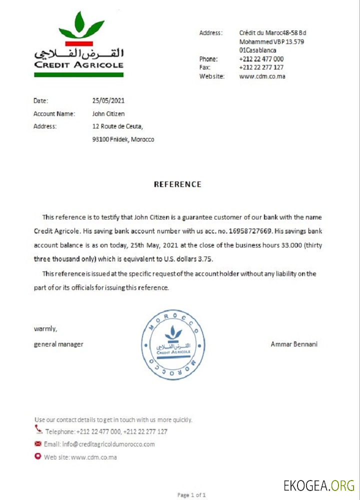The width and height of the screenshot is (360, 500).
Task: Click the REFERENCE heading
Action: click(x=177, y=184)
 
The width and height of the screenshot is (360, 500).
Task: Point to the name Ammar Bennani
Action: click(x=294, y=344)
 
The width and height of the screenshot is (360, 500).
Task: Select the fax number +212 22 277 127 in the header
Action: click(x=261, y=67)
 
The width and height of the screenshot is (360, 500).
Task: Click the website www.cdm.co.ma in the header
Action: click(x=262, y=76)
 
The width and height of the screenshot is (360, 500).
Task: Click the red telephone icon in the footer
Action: click(x=38, y=429)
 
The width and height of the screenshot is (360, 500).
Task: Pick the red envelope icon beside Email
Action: click(x=37, y=444)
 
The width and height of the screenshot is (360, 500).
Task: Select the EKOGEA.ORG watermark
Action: click(x=318, y=485)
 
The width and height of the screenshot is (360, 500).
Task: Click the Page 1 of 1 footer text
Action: click(x=191, y=495)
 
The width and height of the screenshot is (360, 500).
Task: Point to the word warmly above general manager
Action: click(x=45, y=329)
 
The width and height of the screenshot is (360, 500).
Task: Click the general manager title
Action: click(x=58, y=344)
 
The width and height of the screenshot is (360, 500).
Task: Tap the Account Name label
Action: click(x=54, y=114)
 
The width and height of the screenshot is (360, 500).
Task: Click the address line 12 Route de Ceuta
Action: click(x=117, y=126)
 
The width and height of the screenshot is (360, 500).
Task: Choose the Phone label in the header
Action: click(x=208, y=59)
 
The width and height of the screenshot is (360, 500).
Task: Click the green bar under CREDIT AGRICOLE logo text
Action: click(x=78, y=74)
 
